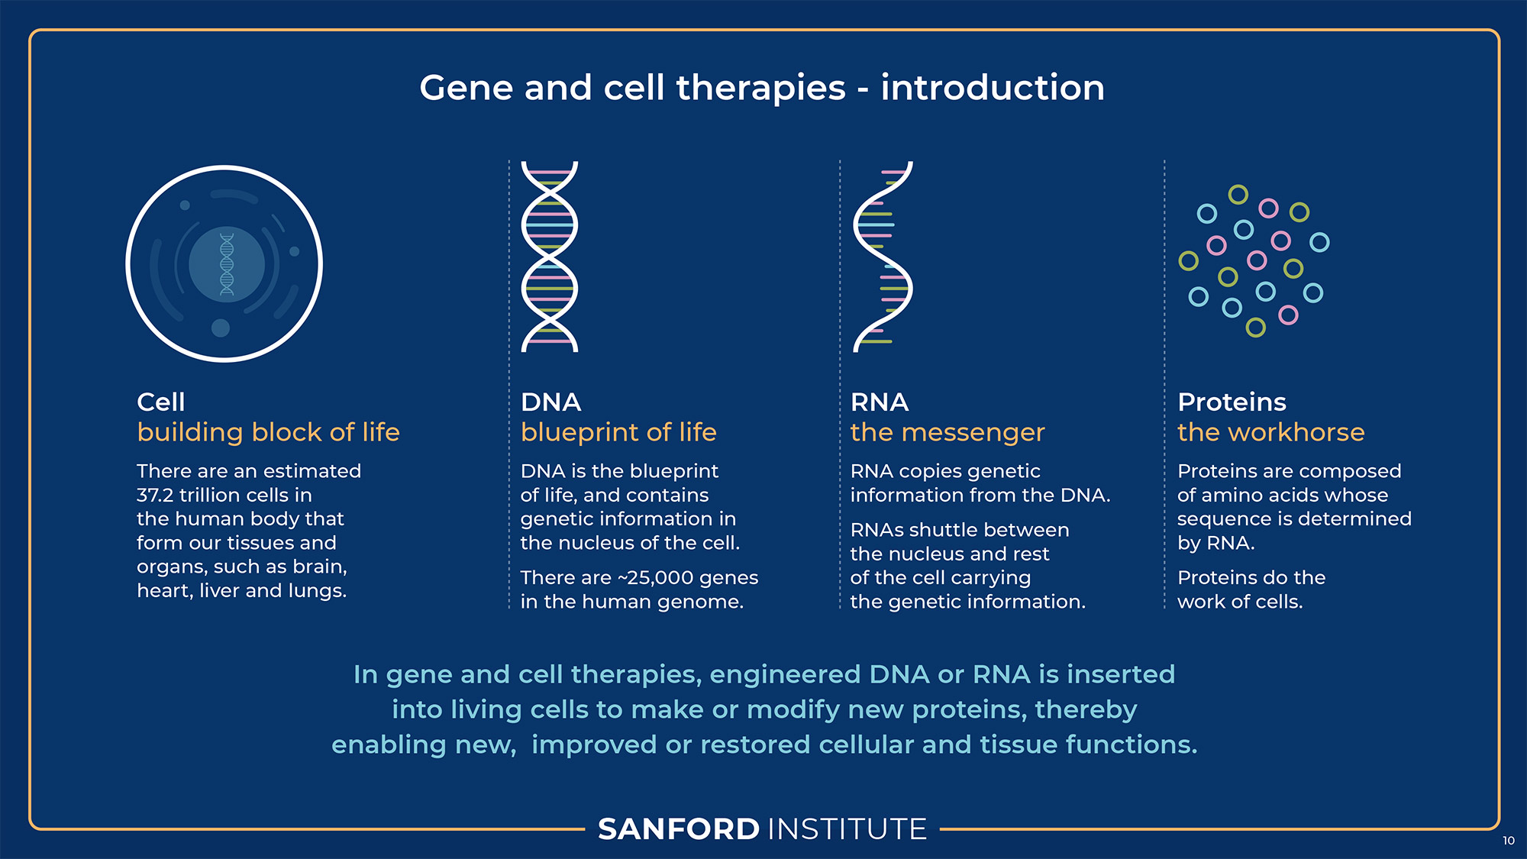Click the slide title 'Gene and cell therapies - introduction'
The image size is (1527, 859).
click(762, 88)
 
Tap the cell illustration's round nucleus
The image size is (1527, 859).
click(227, 264)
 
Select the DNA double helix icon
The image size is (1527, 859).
click(550, 257)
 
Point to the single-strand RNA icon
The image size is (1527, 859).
click(883, 257)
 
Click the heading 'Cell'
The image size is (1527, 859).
click(161, 402)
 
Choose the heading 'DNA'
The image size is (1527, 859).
click(550, 402)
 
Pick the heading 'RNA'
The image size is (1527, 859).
click(880, 402)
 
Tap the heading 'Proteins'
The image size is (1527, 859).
click(1232, 402)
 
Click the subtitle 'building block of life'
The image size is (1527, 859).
click(268, 432)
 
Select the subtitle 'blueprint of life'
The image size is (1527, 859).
click(618, 433)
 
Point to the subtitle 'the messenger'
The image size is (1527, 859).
click(948, 433)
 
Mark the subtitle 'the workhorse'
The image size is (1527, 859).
click(1271, 432)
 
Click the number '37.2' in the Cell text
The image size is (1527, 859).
click(154, 495)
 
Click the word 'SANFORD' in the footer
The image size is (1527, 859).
click(679, 829)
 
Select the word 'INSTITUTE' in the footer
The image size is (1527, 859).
click(847, 829)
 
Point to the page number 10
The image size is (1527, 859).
click(1509, 841)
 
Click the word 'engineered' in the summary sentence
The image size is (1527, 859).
click(785, 675)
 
